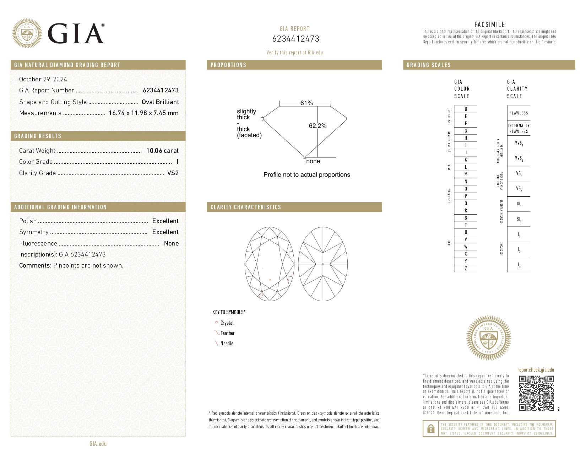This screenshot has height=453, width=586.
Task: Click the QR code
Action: (536, 393)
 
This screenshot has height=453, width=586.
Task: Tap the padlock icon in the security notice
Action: (430, 429)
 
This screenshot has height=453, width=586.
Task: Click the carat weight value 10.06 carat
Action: (162, 151)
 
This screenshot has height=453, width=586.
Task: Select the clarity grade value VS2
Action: (173, 173)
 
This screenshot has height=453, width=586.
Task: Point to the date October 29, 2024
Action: (43, 79)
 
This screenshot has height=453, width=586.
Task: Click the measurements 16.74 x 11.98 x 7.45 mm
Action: (143, 113)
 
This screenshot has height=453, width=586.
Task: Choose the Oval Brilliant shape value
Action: (160, 102)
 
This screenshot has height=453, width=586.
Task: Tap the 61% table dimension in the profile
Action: (306, 103)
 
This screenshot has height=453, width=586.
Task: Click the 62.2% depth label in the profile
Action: (318, 126)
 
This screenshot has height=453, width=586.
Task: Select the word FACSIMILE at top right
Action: (489, 25)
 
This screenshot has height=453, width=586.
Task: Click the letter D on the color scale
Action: (466, 109)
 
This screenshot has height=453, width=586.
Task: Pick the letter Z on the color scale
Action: (466, 269)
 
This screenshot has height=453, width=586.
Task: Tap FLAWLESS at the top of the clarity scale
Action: (519, 113)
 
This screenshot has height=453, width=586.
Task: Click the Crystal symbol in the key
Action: (216, 323)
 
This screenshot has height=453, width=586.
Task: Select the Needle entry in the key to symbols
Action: (227, 343)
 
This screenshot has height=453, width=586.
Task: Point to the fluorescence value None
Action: (171, 243)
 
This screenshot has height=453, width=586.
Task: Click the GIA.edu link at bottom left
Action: (98, 444)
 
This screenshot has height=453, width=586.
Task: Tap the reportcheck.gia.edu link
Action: (536, 370)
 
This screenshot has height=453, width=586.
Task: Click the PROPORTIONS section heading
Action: (228, 65)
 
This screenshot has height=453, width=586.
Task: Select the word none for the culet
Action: (313, 161)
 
